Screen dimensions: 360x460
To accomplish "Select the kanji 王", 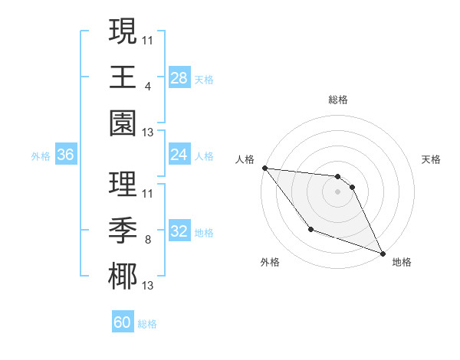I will click(123, 78).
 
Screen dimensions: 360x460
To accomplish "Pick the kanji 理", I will click(123, 185).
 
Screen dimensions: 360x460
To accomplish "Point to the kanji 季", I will click(123, 231).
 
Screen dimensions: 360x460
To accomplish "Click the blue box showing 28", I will click(179, 78).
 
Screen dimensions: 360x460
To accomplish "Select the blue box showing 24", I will click(179, 155).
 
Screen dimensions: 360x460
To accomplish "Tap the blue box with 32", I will click(179, 231).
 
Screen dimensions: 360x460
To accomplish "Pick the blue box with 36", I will click(66, 155).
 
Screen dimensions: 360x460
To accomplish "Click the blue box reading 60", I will click(123, 322).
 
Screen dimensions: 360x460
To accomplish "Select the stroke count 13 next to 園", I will click(148, 133).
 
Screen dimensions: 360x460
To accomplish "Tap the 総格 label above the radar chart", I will click(338, 100).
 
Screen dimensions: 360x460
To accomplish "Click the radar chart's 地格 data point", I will click(383, 254).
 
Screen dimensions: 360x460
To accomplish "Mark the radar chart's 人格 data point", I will click(264, 168).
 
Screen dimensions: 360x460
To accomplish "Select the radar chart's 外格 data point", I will click(310, 229).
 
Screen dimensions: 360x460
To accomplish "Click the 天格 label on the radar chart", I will click(432, 159).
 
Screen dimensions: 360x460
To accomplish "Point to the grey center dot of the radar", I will click(338, 191).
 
